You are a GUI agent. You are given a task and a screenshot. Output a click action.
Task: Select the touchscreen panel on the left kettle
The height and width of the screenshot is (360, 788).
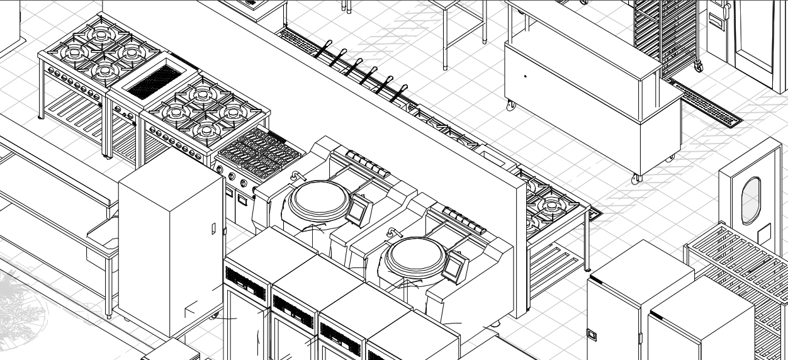[x=357, y=208]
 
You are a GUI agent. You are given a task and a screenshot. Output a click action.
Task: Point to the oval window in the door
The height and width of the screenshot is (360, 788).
[x=751, y=201]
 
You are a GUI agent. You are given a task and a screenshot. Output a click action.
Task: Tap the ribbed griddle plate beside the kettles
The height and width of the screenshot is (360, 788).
[x=259, y=153]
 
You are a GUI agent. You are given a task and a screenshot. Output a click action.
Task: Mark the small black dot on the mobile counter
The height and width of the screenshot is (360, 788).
[x=526, y=77]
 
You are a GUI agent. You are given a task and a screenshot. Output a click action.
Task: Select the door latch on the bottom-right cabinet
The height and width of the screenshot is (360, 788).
[x=592, y=334]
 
